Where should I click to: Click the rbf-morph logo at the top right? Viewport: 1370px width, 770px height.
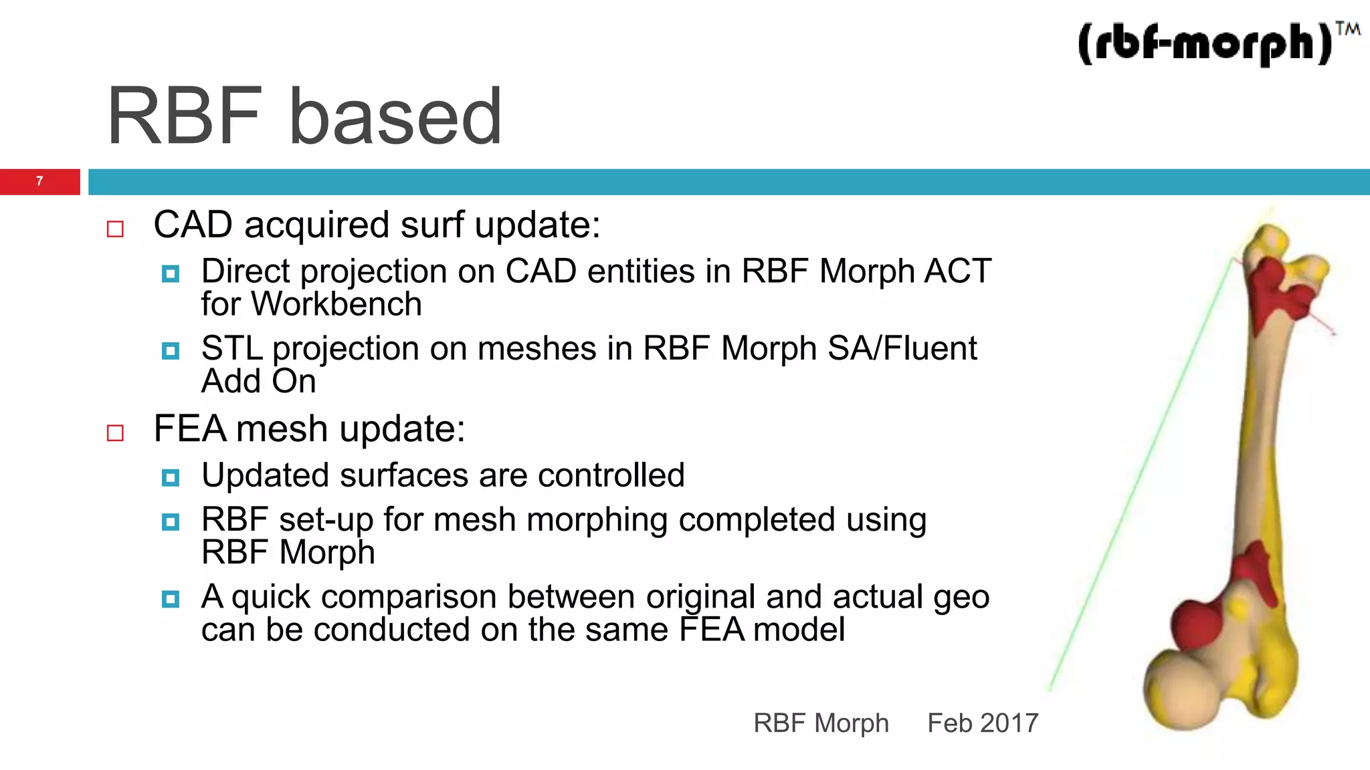tap(1211, 44)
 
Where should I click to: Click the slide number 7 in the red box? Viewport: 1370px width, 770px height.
tap(39, 181)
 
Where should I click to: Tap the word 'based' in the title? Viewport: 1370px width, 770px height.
tap(395, 117)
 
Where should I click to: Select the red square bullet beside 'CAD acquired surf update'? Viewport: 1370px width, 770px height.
tap(115, 229)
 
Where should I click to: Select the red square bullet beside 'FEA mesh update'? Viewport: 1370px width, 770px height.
tap(115, 433)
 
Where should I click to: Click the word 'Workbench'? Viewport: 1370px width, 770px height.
tap(336, 305)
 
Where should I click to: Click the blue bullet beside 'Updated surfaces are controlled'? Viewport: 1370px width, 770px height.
tap(171, 477)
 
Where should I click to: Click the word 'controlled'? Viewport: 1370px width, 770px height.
tap(611, 476)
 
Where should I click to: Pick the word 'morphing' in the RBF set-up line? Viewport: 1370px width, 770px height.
tap(597, 521)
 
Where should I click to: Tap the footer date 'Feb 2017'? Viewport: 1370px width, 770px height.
tap(982, 723)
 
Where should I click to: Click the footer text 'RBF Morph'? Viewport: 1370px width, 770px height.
tap(821, 723)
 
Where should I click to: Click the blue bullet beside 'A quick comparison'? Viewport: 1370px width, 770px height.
tap(171, 598)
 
